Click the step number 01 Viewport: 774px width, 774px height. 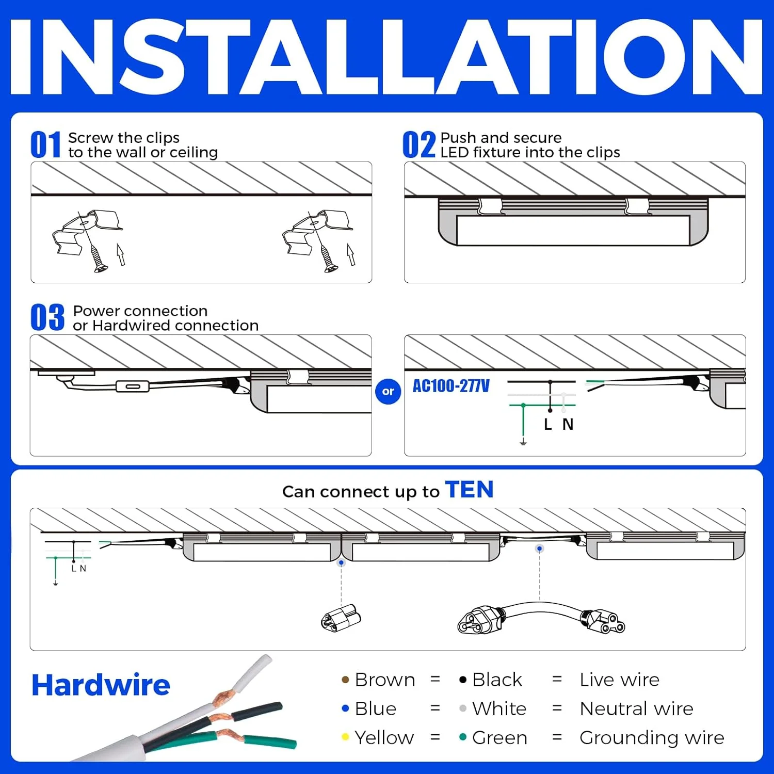pyautogui.click(x=46, y=144)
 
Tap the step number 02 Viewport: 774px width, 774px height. pyautogui.click(x=419, y=144)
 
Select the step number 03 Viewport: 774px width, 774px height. pyautogui.click(x=47, y=317)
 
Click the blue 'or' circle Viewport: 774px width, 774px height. pyautogui.click(x=388, y=392)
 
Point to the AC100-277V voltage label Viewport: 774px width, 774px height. pyautogui.click(x=451, y=386)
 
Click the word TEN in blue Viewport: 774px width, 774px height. pyautogui.click(x=469, y=489)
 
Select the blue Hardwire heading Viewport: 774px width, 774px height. pyautogui.click(x=101, y=685)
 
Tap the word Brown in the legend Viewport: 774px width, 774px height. pyautogui.click(x=385, y=680)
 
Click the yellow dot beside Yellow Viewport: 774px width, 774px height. pyautogui.click(x=345, y=737)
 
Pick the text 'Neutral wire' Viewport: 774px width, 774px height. pyautogui.click(x=636, y=708)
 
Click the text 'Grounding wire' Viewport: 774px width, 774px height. pyautogui.click(x=652, y=737)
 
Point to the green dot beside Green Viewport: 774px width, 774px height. pyautogui.click(x=463, y=737)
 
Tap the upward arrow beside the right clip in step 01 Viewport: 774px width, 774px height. pyautogui.click(x=351, y=254)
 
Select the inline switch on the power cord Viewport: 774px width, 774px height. pyautogui.click(x=133, y=386)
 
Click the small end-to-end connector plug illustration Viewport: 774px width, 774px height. pyautogui.click(x=341, y=618)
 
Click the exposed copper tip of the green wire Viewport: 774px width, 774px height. pyautogui.click(x=227, y=734)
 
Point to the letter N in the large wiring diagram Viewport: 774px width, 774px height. pyautogui.click(x=568, y=424)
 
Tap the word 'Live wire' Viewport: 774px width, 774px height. pyautogui.click(x=619, y=680)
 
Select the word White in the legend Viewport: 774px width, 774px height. pyautogui.click(x=499, y=708)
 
